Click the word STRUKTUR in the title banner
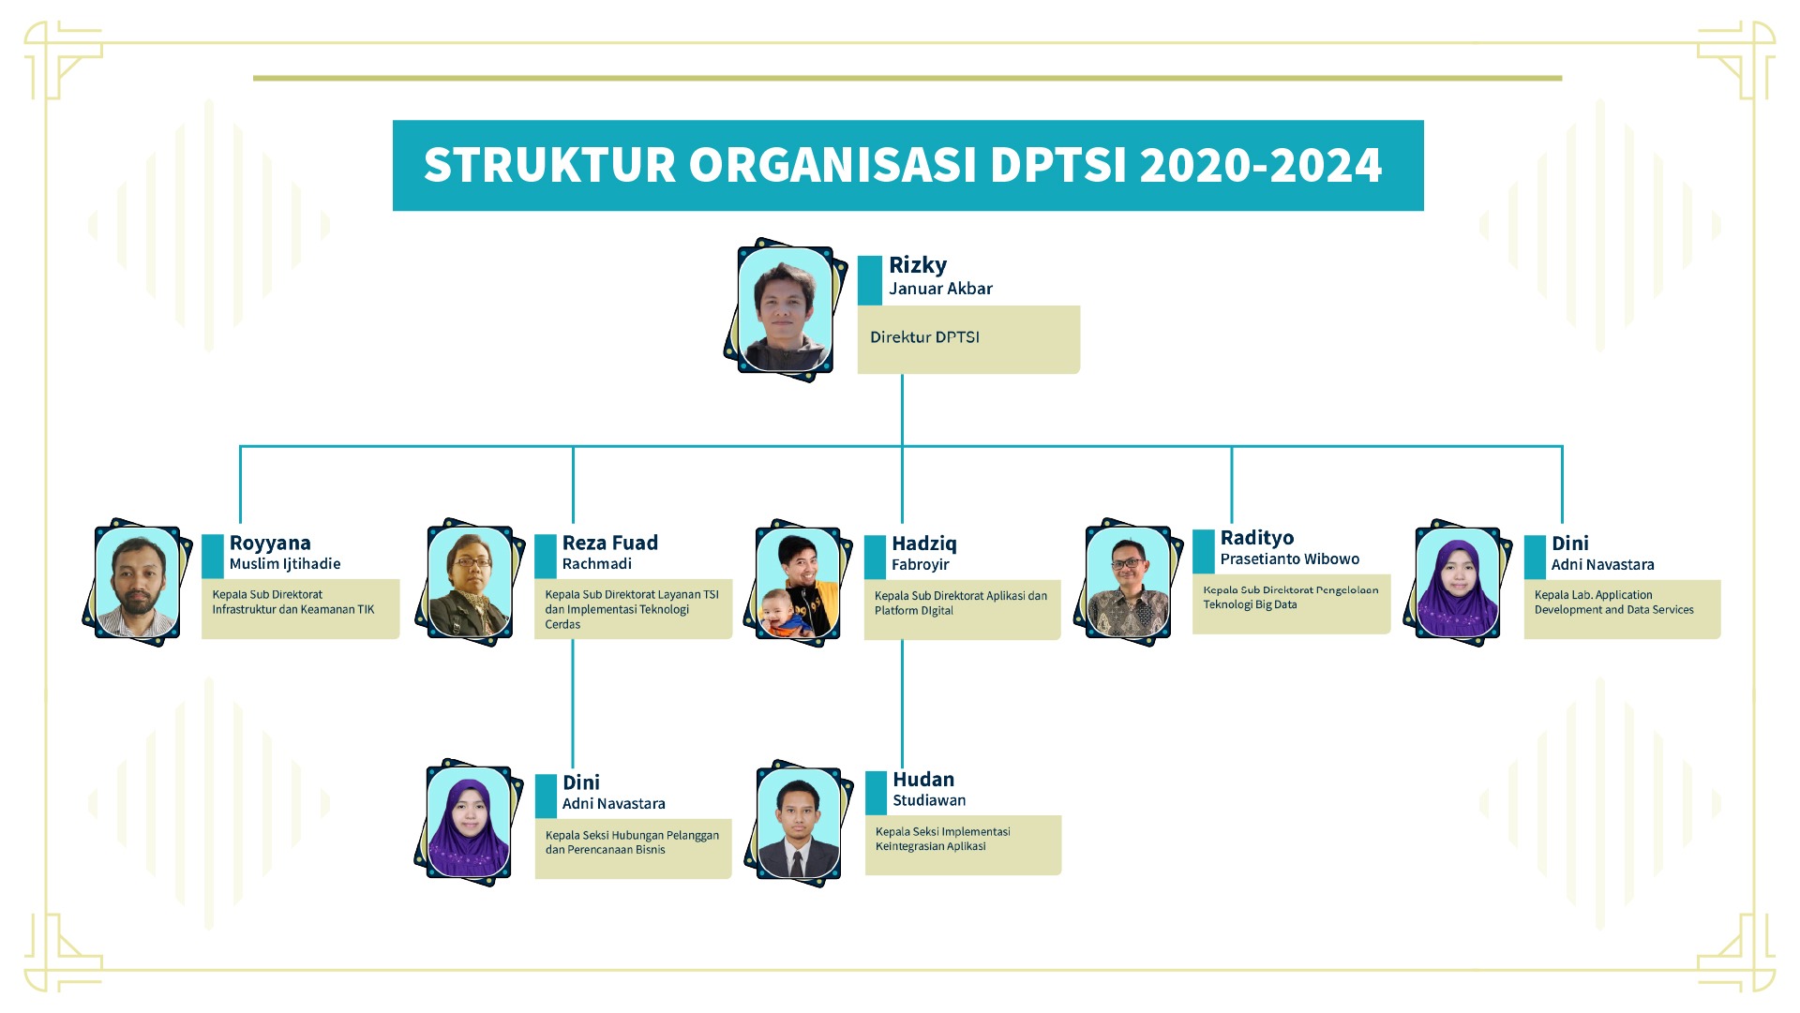[549, 165]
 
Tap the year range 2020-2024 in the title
[1261, 165]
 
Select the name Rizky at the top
[918, 265]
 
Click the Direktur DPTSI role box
[968, 339]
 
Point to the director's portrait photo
[785, 309]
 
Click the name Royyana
[270, 544]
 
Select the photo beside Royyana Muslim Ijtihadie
[138, 582]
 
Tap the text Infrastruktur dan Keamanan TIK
[292, 609]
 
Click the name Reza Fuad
[610, 543]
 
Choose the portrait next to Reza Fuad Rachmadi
[470, 582]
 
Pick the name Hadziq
[924, 544]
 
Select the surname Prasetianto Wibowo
[1290, 559]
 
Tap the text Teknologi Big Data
[1251, 604]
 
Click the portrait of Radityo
[1129, 582]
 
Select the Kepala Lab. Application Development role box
[1622, 609]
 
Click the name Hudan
[923, 780]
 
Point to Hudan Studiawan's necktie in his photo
[797, 861]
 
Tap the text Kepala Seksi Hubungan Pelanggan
[632, 835]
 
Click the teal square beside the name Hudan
[876, 793]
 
